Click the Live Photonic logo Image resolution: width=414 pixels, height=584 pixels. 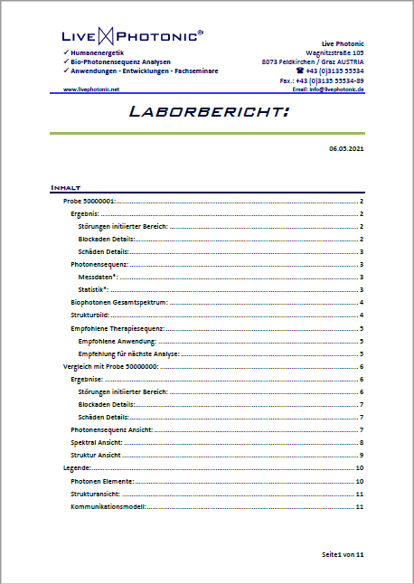click(x=132, y=36)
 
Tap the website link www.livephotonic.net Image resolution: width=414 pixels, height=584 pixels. click(x=91, y=89)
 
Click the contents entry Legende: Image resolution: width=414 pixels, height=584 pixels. click(x=77, y=468)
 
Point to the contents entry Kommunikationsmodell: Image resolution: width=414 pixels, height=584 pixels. click(x=108, y=507)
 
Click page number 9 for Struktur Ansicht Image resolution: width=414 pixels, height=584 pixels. click(x=361, y=455)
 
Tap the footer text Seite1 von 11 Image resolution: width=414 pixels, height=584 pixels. click(x=342, y=552)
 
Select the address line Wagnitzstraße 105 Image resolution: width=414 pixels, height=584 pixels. click(x=334, y=52)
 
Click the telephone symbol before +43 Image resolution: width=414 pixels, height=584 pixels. click(x=299, y=71)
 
